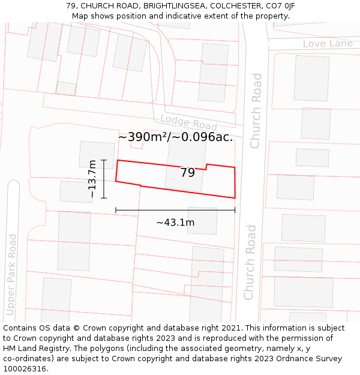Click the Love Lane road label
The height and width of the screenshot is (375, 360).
point(327,44)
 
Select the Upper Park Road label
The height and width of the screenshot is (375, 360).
point(11,275)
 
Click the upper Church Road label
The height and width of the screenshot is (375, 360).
point(256,111)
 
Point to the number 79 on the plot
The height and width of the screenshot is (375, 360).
point(188,173)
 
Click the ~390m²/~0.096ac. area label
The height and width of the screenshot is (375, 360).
point(175,137)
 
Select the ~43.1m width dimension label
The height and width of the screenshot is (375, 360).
point(175,223)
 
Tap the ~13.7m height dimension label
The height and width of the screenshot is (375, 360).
point(92,178)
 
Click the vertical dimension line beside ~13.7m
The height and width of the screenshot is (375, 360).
point(104,179)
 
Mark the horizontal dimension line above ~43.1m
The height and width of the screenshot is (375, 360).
point(175,210)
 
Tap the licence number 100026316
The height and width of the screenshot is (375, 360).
point(26,369)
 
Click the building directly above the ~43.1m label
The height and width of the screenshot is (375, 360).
point(202,220)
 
